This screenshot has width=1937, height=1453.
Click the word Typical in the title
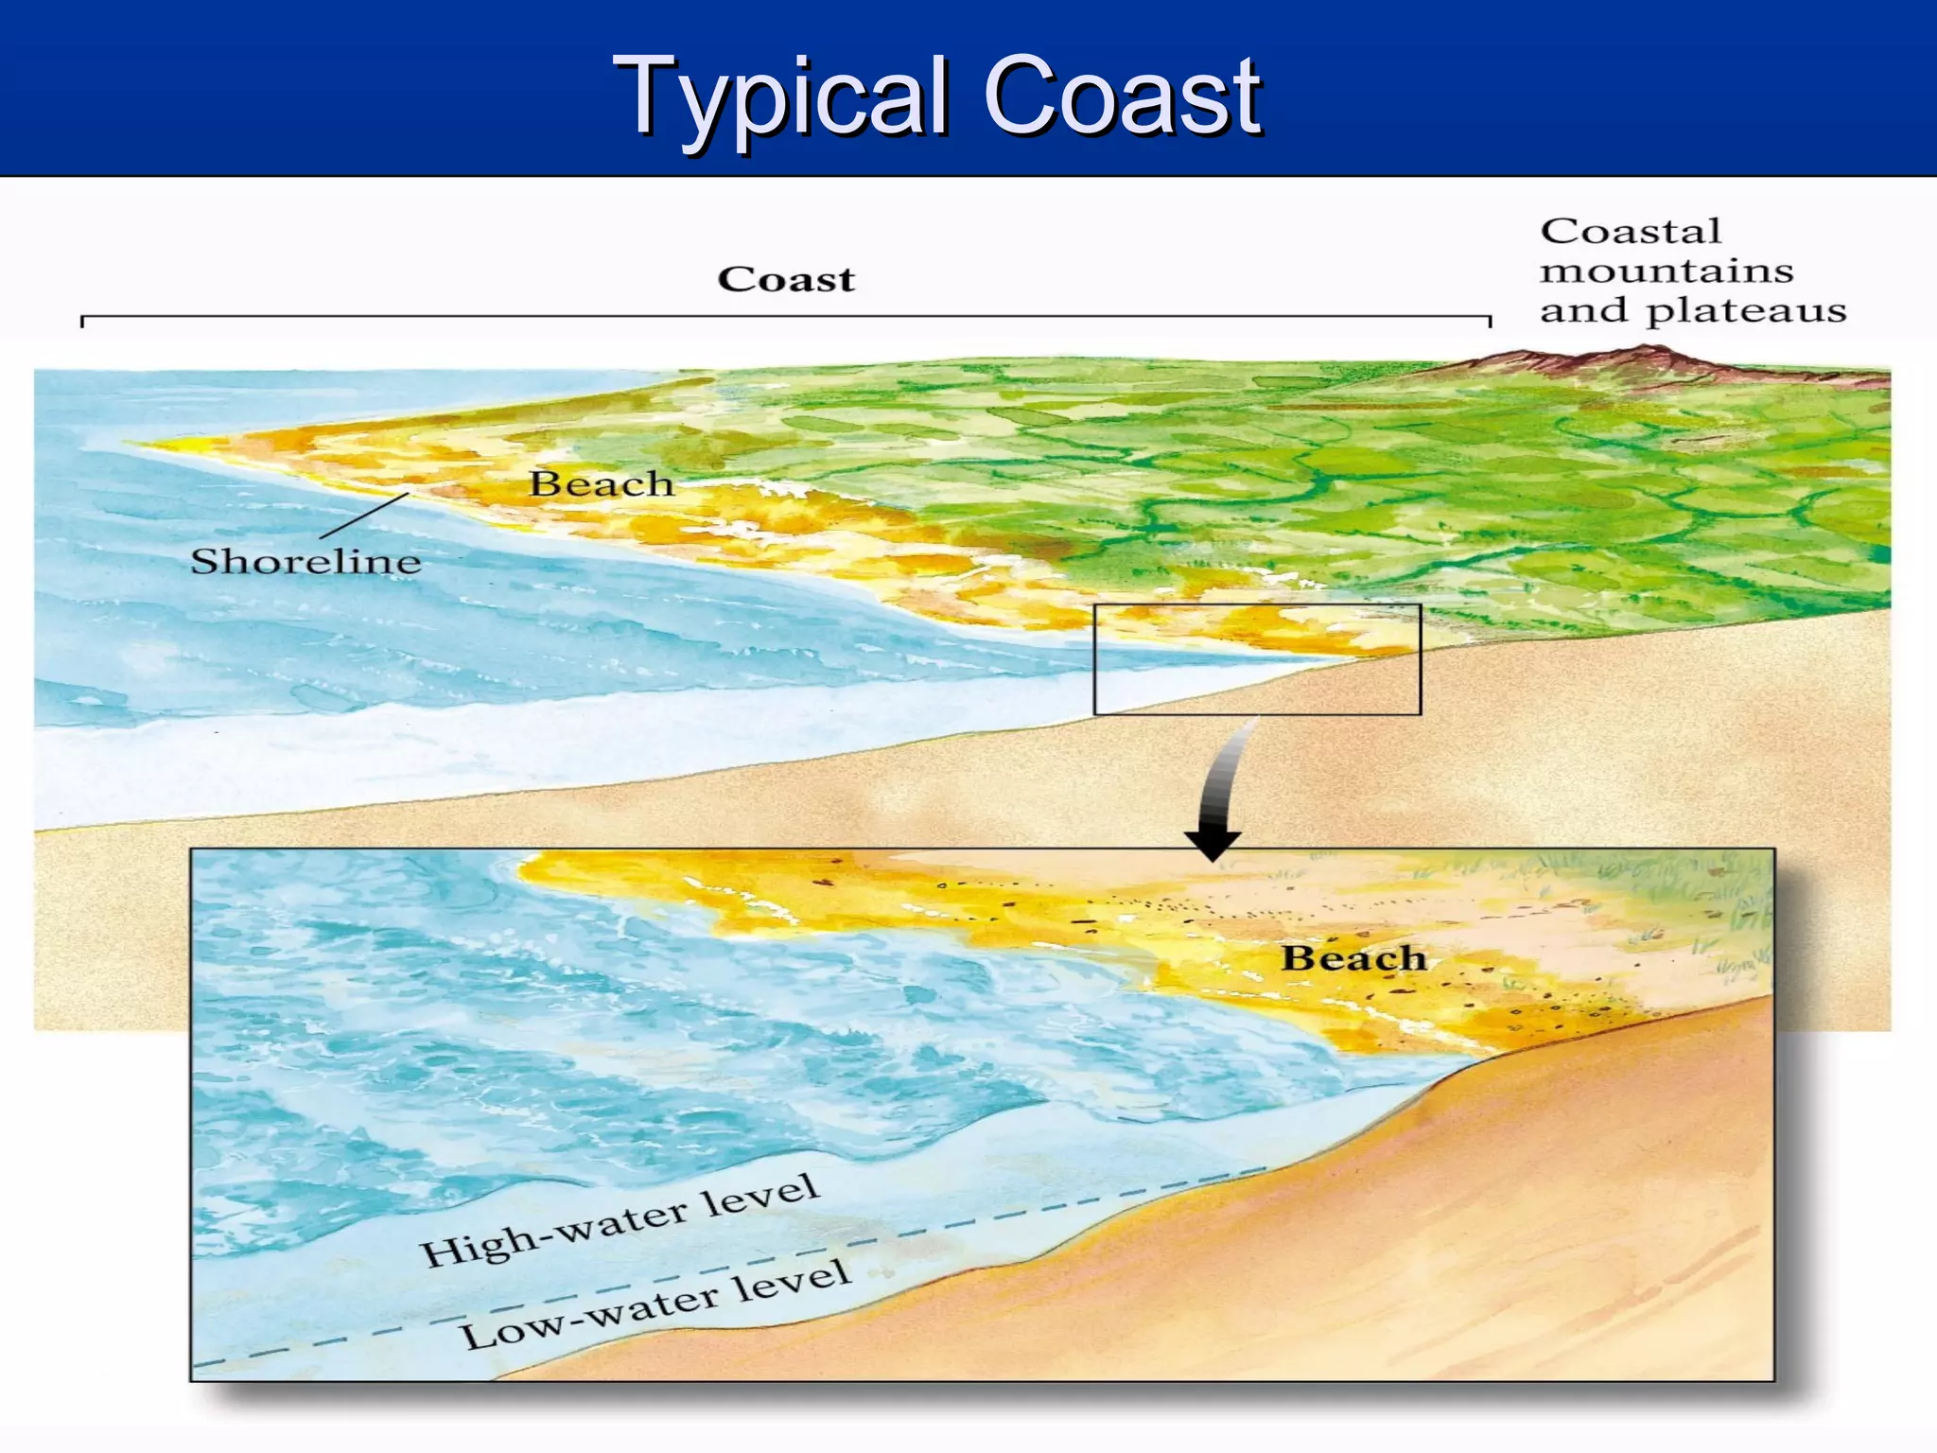coord(781,96)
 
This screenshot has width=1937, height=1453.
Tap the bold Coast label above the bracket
coord(786,279)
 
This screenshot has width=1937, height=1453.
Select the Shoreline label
coord(305,561)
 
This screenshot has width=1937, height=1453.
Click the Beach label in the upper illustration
coord(601,483)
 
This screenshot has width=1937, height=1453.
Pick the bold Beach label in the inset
coord(1353,958)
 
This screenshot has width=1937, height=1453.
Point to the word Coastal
coord(1631,231)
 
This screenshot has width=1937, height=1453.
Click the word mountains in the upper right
coord(1667,271)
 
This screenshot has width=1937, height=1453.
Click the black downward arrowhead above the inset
coord(1213,843)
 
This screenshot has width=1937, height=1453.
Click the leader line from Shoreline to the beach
coord(365,516)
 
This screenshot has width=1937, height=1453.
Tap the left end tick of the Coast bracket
coord(83,321)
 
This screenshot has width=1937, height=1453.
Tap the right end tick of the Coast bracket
coord(1490,321)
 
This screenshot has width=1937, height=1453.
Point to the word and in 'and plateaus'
coord(1584,311)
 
